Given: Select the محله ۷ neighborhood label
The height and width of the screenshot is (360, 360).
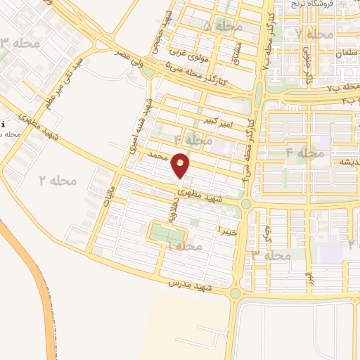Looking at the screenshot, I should [x=314, y=33].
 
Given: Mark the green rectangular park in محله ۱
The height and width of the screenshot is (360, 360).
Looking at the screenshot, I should [x=168, y=233].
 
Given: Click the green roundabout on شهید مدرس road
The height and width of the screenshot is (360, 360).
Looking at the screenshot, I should [x=235, y=292].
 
